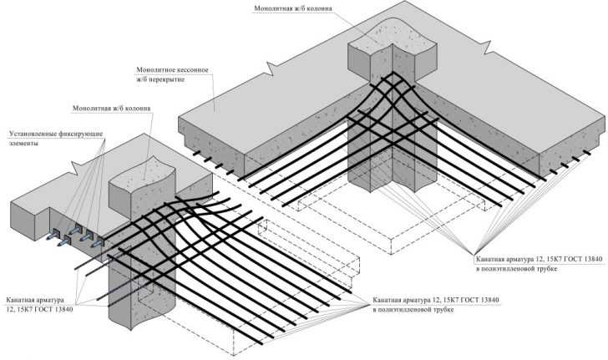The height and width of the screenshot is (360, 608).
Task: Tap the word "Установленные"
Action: [36, 133]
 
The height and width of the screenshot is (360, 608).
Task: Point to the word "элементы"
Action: [24, 144]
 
